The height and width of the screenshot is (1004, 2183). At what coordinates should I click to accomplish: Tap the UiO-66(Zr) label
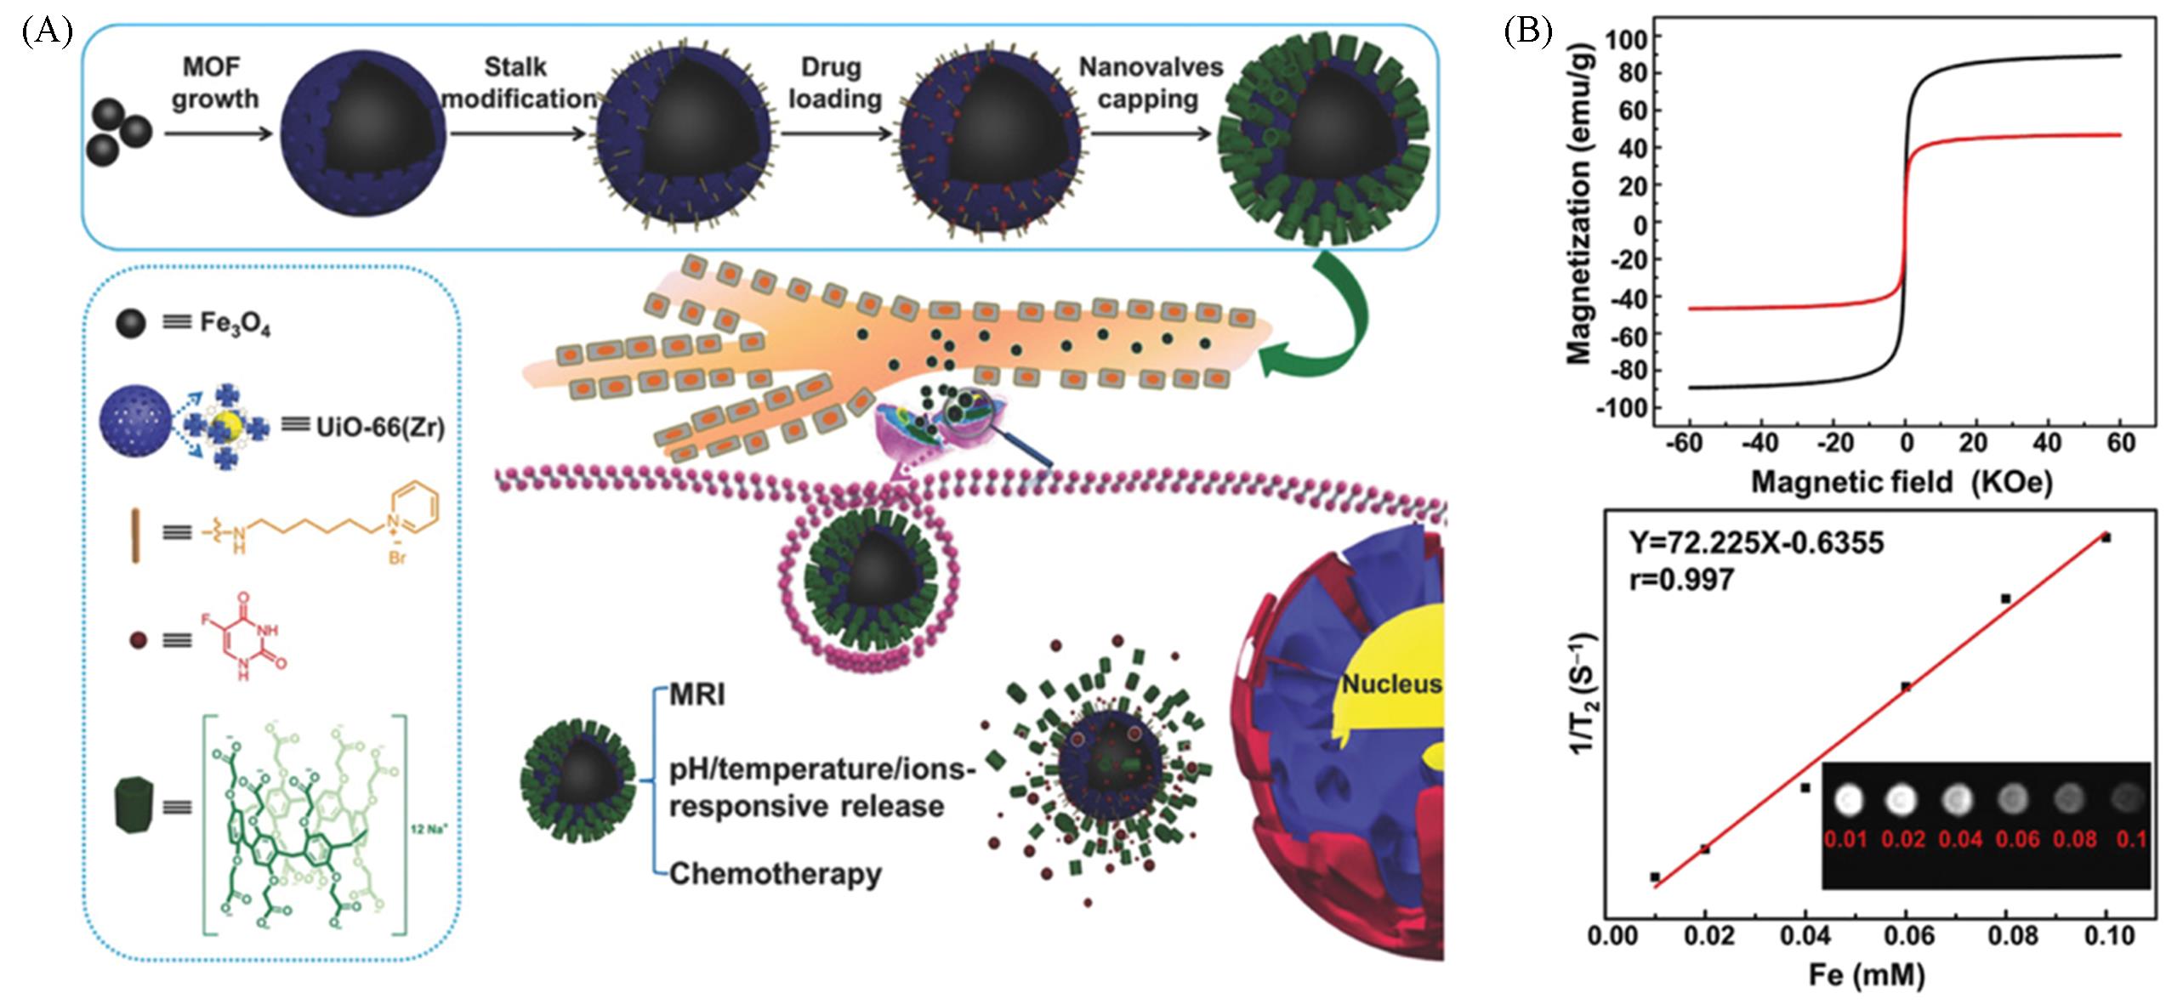[380, 427]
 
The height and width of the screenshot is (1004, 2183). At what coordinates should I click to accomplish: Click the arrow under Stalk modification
[518, 134]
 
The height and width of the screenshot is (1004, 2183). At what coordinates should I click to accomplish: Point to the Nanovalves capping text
[1150, 82]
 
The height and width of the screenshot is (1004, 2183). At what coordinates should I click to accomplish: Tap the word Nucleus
[1391, 684]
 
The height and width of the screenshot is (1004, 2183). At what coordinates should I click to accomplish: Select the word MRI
[697, 695]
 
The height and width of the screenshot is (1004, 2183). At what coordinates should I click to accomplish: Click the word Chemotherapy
[775, 873]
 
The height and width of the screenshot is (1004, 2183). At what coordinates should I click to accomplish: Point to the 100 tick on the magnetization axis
[1627, 37]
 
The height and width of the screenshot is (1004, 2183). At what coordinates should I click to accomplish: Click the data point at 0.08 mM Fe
[2005, 598]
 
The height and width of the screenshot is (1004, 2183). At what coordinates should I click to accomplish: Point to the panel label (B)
[1528, 31]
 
